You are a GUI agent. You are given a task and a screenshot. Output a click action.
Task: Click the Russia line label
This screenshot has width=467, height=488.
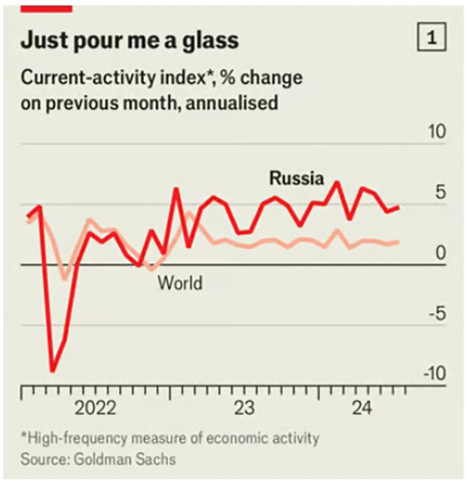296,178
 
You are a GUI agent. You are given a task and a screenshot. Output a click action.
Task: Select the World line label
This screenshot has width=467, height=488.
180,283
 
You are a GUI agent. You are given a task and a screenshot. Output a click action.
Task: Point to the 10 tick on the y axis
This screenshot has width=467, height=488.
437,131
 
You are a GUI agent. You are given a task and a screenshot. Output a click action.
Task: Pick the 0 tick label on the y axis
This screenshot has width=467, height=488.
441,254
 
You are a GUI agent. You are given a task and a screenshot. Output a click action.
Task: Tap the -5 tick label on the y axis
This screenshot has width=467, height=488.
437,314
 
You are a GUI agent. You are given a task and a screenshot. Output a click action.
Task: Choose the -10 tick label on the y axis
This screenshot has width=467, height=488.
434,374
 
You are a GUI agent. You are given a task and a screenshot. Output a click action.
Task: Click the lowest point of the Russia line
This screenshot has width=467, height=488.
53,370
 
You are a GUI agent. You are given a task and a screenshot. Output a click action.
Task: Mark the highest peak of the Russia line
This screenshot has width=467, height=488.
337,183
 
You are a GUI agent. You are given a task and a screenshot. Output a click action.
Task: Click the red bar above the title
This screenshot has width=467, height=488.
47,6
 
